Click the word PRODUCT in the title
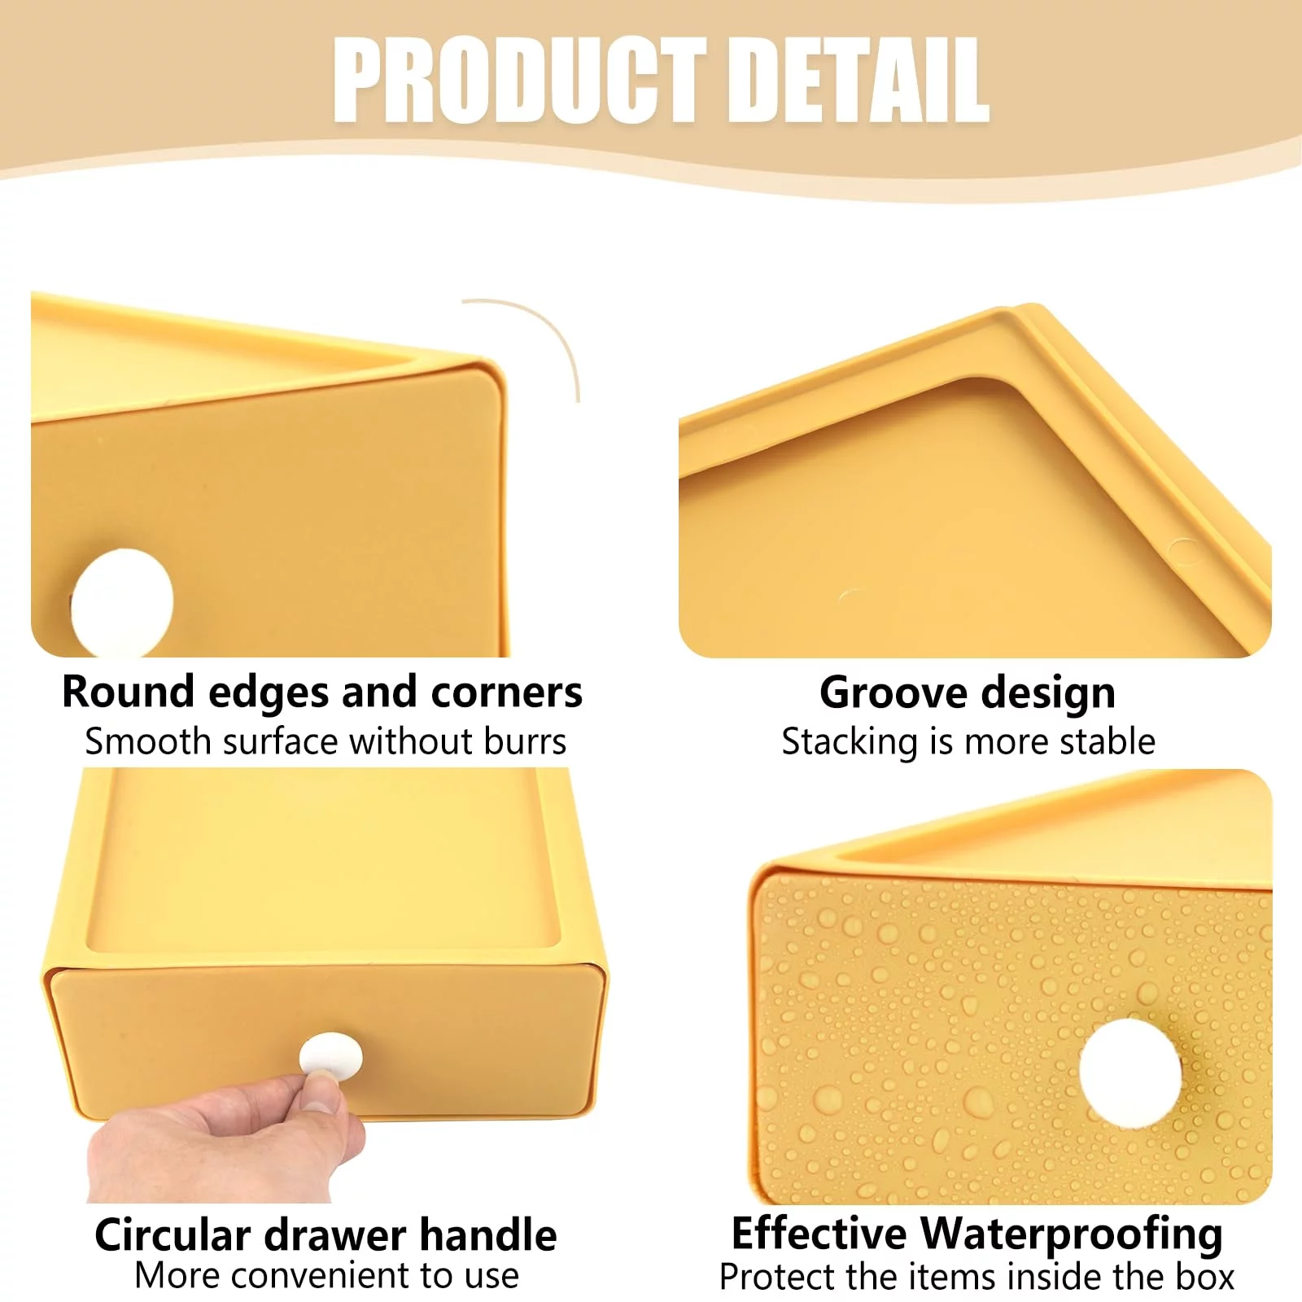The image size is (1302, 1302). [519, 80]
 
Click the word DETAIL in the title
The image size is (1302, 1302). [857, 80]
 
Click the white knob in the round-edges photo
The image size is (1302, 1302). [122, 602]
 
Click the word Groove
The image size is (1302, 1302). [894, 693]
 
